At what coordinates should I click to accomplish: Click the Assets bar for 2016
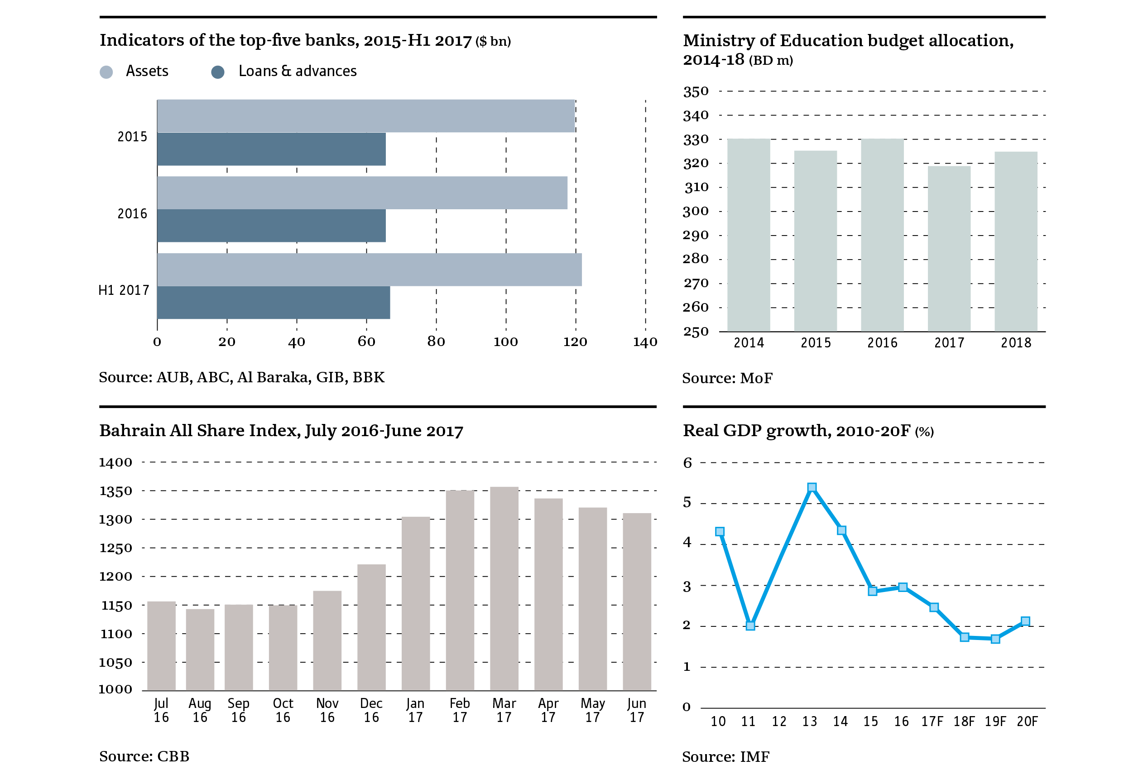[362, 192]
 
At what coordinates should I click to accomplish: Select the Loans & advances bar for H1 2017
[274, 303]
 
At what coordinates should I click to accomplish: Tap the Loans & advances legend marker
[217, 72]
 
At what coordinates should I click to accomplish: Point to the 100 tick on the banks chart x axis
[505, 342]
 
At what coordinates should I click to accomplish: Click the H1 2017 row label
[124, 290]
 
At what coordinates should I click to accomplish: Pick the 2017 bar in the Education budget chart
[949, 249]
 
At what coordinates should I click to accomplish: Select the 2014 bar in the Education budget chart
[748, 235]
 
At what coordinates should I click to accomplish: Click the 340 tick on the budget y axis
[696, 116]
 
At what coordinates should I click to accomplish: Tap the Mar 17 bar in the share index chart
[504, 588]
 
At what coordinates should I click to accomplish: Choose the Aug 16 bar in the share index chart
[200, 649]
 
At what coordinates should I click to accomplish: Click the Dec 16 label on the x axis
[371, 710]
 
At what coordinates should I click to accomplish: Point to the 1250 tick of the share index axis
[116, 548]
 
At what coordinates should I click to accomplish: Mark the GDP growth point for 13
[812, 487]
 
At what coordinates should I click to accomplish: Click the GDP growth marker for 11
[750, 626]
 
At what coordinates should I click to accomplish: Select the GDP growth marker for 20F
[1025, 621]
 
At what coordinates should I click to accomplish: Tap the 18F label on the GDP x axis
[964, 722]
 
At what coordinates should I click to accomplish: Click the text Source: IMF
[725, 757]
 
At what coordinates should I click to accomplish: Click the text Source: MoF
[727, 378]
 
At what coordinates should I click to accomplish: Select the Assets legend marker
[106, 72]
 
